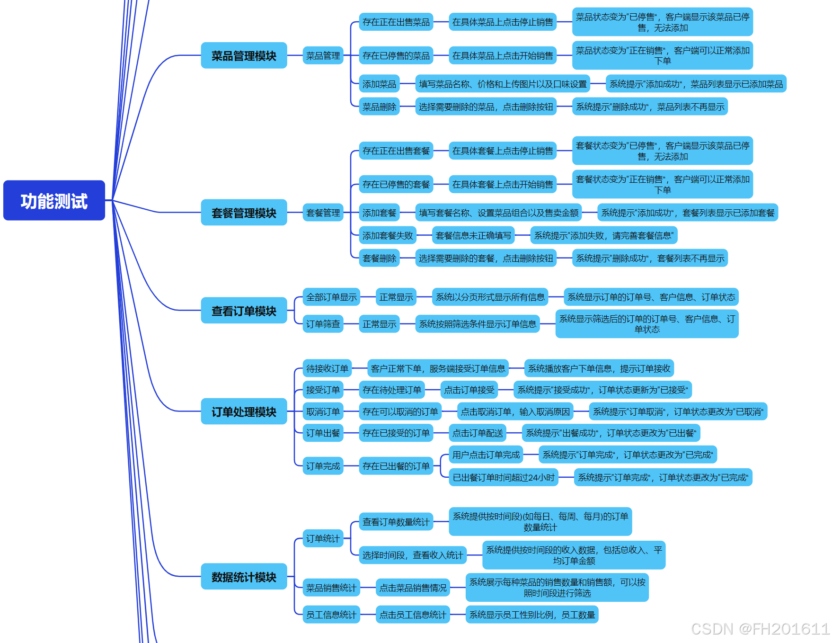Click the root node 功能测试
pyautogui.click(x=54, y=201)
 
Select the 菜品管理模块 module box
pyautogui.click(x=244, y=56)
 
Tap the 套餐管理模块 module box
pyautogui.click(x=244, y=213)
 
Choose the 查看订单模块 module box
pyautogui.click(x=244, y=311)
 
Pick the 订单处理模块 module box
pyautogui.click(x=244, y=411)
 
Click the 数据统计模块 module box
pyautogui.click(x=244, y=577)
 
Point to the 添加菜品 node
pyautogui.click(x=379, y=84)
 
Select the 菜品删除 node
pyautogui.click(x=379, y=107)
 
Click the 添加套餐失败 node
pyautogui.click(x=388, y=235)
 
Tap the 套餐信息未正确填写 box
pyautogui.click(x=473, y=235)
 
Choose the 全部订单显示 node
pyautogui.click(x=331, y=297)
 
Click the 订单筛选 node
pyautogui.click(x=323, y=324)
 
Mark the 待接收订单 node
pyautogui.click(x=327, y=368)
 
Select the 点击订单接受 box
pyautogui.click(x=469, y=390)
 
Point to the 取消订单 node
pyautogui.click(x=323, y=411)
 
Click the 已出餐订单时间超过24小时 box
pyautogui.click(x=504, y=477)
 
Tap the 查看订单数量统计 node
pyautogui.click(x=396, y=522)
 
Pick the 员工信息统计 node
pyautogui.click(x=331, y=615)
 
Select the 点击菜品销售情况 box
pyautogui.click(x=413, y=588)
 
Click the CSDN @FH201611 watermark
pyautogui.click(x=760, y=629)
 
